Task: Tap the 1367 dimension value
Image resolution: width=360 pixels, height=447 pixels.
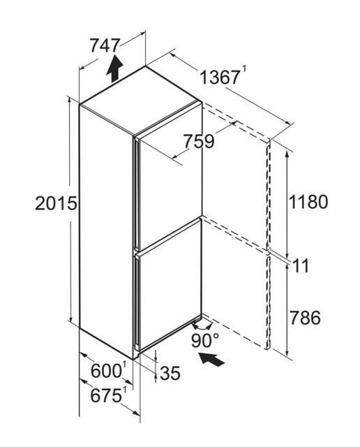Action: click(x=220, y=78)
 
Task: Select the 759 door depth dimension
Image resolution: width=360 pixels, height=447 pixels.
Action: click(x=199, y=142)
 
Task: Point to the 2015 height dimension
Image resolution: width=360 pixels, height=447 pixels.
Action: click(x=56, y=203)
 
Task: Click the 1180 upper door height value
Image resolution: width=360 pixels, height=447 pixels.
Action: click(x=308, y=202)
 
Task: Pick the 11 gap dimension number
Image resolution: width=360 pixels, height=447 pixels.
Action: click(x=301, y=266)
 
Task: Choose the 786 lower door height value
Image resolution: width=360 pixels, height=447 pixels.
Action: click(x=305, y=318)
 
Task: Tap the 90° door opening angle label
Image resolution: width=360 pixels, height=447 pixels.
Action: click(x=205, y=340)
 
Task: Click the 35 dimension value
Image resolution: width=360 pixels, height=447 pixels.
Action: click(x=170, y=373)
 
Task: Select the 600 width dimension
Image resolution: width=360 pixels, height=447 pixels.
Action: click(x=106, y=371)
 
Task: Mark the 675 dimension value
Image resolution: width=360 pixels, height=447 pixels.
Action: click(x=105, y=396)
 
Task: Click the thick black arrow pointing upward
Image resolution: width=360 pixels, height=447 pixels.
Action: click(x=114, y=68)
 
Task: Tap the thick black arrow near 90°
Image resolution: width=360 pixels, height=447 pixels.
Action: click(x=211, y=360)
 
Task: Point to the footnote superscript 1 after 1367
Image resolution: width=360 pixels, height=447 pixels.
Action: click(x=243, y=70)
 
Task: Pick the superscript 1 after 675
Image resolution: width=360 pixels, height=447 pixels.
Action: click(x=124, y=390)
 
